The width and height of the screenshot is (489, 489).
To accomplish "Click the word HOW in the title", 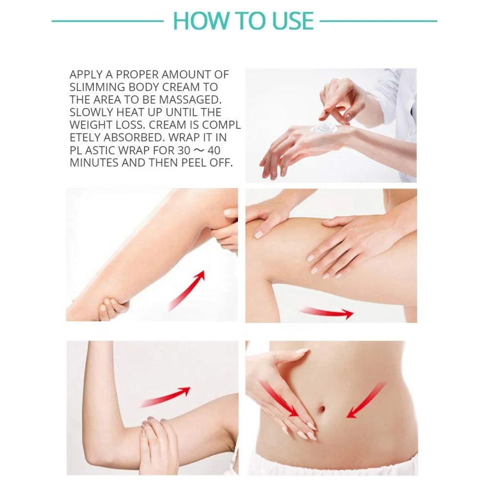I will click(195, 21).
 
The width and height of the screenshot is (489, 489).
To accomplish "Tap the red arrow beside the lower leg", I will click(187, 291).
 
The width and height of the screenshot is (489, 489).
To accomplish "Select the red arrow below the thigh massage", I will click(326, 313).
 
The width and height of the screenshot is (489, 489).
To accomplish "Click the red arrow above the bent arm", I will click(166, 397).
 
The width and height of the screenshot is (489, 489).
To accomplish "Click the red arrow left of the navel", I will click(279, 398).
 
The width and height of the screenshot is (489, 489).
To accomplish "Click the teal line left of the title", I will click(107, 21).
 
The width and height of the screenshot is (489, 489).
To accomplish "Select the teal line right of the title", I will click(378, 21).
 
